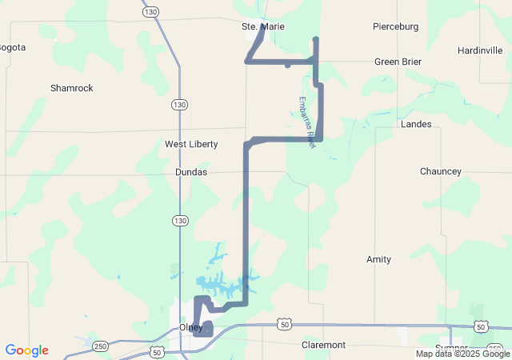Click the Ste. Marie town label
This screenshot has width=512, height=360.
tap(262, 26)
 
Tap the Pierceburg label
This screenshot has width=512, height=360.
tap(395, 26)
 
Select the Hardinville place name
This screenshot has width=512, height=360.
tap(480, 50)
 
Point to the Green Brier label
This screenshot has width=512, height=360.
tap(398, 62)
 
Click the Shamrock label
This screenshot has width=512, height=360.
tap(71, 88)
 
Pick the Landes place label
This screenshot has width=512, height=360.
tap(416, 124)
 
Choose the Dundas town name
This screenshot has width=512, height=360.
tap(191, 172)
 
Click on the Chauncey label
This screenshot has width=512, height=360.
tap(440, 172)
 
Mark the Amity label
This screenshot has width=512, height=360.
tap(378, 259)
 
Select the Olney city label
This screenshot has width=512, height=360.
tap(191, 328)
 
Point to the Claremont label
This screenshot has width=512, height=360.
tap(323, 345)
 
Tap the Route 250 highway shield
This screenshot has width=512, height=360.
tap(100, 345)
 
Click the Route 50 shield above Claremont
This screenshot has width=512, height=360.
tap(285, 324)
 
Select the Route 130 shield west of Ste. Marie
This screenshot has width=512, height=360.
tap(151, 12)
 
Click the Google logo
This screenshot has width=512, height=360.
tap(26, 350)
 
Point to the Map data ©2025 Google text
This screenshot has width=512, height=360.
tap(462, 354)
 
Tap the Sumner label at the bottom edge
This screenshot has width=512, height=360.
tap(451, 347)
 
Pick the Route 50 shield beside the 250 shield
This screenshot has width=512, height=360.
tap(157, 352)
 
